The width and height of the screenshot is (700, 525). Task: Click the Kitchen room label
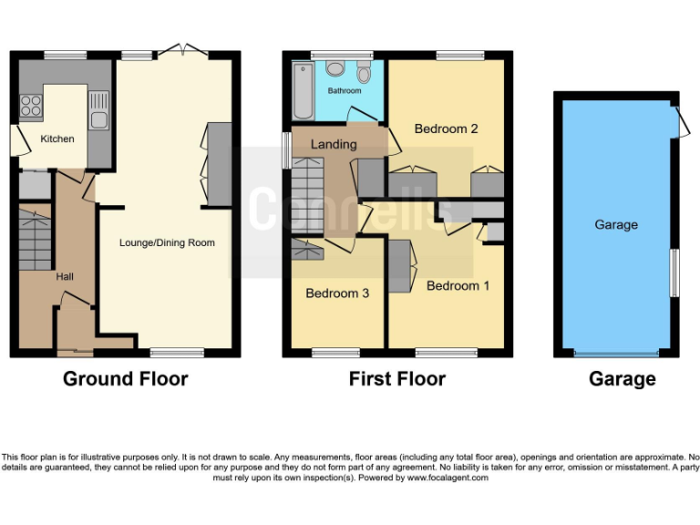coord(57,139)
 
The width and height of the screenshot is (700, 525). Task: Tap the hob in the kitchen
coord(31,105)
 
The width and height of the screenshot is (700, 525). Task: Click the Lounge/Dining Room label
coord(167,242)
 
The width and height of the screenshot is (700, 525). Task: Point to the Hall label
coord(65,276)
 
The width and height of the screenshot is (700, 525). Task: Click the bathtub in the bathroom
coord(304,90)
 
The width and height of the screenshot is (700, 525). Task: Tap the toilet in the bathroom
coord(365,73)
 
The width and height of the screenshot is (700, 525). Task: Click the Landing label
coord(334,144)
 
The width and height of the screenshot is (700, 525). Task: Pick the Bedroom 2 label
coord(446,129)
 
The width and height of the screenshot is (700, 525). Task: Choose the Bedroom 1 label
coord(458,285)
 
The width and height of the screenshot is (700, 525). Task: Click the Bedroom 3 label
coord(337,293)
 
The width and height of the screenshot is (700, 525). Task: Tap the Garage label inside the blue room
coord(616,224)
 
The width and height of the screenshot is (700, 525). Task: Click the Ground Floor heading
coord(125,378)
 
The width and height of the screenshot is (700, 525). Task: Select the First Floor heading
coord(397,378)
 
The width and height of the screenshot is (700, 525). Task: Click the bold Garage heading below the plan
coord(623,379)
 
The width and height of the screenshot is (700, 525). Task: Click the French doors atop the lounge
coord(181,51)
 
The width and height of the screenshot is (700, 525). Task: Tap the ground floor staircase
coord(35,239)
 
